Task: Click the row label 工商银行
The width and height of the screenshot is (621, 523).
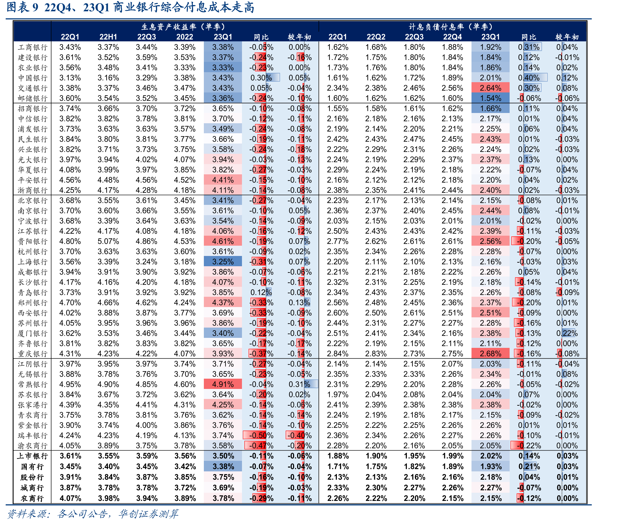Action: tap(32, 47)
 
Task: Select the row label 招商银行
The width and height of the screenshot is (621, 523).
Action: tap(32, 108)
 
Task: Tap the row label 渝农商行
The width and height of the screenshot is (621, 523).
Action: tap(32, 446)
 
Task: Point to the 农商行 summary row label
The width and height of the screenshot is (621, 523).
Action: tap(32, 498)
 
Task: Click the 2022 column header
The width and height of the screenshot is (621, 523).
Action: tap(185, 37)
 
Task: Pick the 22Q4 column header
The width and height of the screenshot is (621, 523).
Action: tap(453, 37)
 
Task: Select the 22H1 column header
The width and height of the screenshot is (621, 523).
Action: tap(108, 37)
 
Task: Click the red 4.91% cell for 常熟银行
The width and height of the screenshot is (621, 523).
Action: tap(223, 384)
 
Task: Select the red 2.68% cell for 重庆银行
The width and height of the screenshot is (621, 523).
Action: tap(490, 354)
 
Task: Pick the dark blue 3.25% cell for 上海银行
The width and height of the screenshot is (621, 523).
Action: tap(223, 262)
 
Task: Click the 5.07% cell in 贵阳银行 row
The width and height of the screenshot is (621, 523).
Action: tap(108, 241)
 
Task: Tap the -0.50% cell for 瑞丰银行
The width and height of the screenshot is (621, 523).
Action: tap(261, 435)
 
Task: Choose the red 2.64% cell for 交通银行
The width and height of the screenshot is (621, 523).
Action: tap(490, 88)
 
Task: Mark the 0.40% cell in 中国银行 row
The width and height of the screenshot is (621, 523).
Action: tap(529, 78)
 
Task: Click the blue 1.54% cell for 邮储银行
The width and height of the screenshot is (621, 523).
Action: tap(490, 98)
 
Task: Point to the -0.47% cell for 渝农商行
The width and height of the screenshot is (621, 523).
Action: tap(261, 446)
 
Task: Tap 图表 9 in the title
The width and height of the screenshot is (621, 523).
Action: tap(22, 7)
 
